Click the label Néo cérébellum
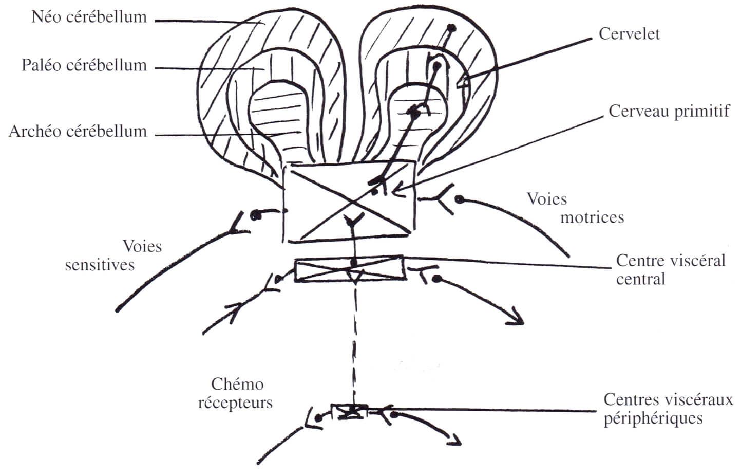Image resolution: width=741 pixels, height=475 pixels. (x=89, y=17)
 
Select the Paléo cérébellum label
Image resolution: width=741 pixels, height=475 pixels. (x=84, y=65)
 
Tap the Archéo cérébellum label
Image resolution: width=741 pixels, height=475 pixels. (x=78, y=132)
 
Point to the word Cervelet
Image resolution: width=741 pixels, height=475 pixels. (x=629, y=34)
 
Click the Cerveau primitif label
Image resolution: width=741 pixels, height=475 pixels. (x=669, y=112)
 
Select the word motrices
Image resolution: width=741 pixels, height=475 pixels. (x=593, y=218)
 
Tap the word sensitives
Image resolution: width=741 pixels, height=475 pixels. (x=100, y=265)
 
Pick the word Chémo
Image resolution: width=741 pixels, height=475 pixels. (x=237, y=385)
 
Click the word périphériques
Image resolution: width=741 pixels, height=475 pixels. (x=653, y=418)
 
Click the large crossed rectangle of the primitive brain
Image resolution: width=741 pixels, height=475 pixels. (x=349, y=201)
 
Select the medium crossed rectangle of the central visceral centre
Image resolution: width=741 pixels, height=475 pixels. (x=350, y=269)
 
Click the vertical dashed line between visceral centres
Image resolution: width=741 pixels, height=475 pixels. (x=354, y=343)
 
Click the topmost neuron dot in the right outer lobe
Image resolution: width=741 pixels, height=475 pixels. (x=449, y=27)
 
